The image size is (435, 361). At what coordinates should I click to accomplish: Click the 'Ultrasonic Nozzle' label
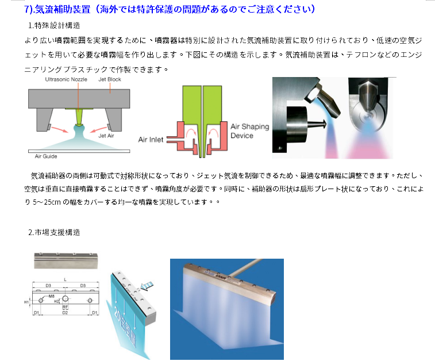click(x=66, y=79)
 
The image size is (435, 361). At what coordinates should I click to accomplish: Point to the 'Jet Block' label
click(x=110, y=79)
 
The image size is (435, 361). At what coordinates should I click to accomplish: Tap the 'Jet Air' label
click(x=106, y=136)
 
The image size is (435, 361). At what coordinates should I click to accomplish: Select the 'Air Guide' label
click(x=46, y=156)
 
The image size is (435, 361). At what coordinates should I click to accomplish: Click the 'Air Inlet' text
click(x=151, y=139)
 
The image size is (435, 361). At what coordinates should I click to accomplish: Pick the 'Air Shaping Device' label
click(x=250, y=131)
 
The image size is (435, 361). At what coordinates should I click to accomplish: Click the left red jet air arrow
click(x=59, y=129)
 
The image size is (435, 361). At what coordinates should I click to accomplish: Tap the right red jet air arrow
click(x=98, y=129)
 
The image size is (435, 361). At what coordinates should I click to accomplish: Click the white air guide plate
click(x=79, y=151)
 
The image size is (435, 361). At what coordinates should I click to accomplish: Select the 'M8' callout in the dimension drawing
click(x=51, y=296)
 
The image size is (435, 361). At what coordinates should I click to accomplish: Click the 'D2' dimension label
click(x=65, y=313)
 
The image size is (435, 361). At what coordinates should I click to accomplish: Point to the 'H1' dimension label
click(x=26, y=302)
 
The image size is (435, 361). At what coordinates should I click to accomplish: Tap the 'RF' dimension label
click(x=65, y=307)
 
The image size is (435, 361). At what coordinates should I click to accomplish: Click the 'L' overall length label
click(x=65, y=279)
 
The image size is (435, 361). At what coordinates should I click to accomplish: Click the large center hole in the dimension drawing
click(x=65, y=298)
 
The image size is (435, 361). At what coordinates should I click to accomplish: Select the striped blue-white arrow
click(x=147, y=286)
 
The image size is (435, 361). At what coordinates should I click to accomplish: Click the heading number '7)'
click(x=29, y=9)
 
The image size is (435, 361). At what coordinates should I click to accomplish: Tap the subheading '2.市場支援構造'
click(x=54, y=232)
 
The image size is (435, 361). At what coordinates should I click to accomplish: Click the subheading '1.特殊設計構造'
click(x=54, y=25)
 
